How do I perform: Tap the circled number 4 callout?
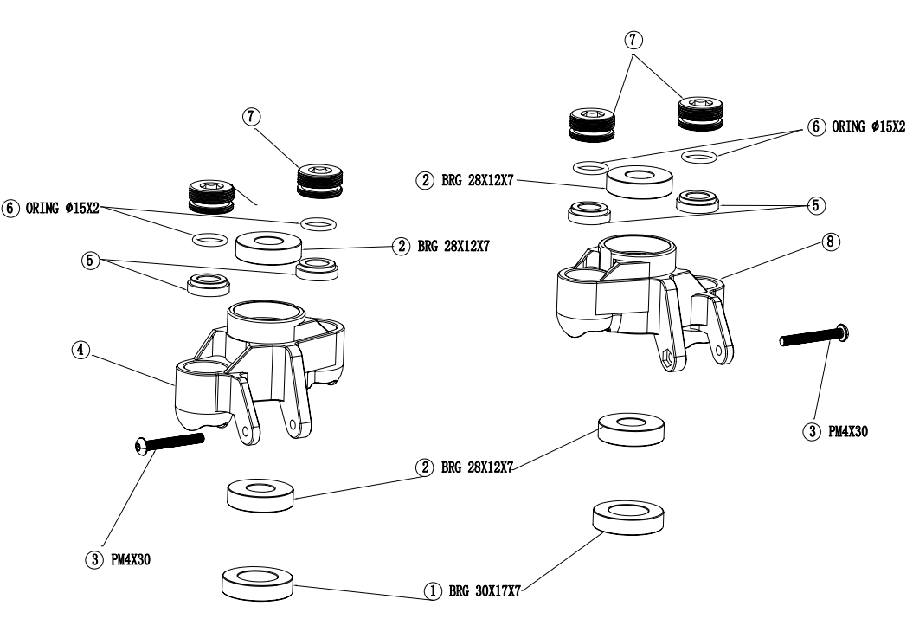[x=80, y=351]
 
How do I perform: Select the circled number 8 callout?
[x=830, y=243]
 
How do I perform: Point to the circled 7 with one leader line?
[x=253, y=115]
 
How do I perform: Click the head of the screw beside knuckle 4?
[x=142, y=446]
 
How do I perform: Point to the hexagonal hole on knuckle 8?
[x=668, y=357]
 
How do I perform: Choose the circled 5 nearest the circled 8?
[x=813, y=205]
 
